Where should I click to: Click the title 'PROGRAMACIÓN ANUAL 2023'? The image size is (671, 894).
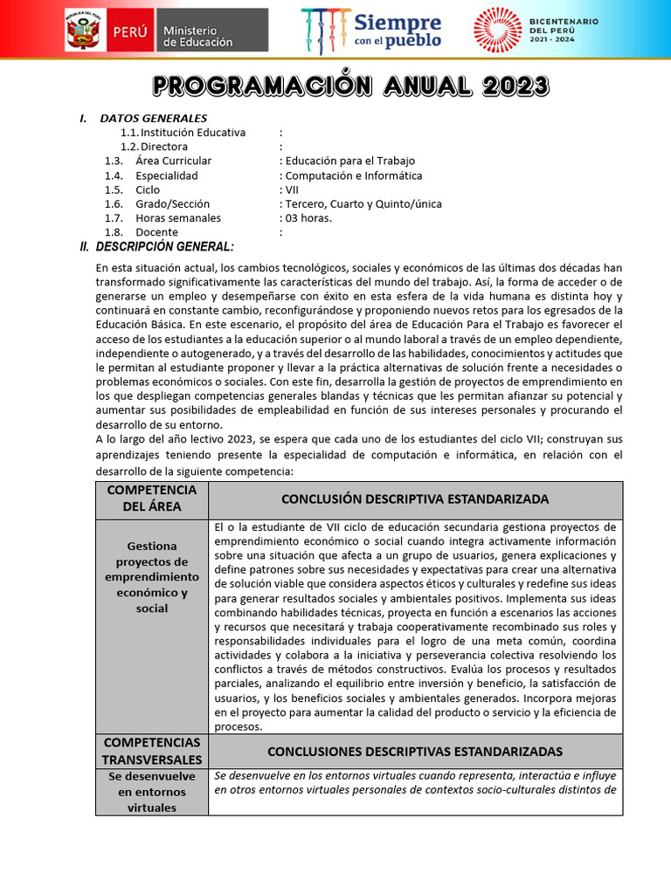pyautogui.click(x=350, y=86)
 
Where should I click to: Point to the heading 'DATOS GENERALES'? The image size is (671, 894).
pyautogui.click(x=153, y=118)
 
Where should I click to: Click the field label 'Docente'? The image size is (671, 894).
pyautogui.click(x=157, y=232)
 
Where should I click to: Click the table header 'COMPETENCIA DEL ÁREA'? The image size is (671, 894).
pyautogui.click(x=152, y=499)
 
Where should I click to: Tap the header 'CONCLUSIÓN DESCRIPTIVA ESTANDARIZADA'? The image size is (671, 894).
pyautogui.click(x=415, y=499)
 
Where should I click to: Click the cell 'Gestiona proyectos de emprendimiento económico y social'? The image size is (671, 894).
pyautogui.click(x=152, y=577)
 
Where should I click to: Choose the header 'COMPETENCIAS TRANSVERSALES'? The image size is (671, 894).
pyautogui.click(x=152, y=751)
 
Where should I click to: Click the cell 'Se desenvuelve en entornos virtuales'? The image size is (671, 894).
pyautogui.click(x=152, y=791)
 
